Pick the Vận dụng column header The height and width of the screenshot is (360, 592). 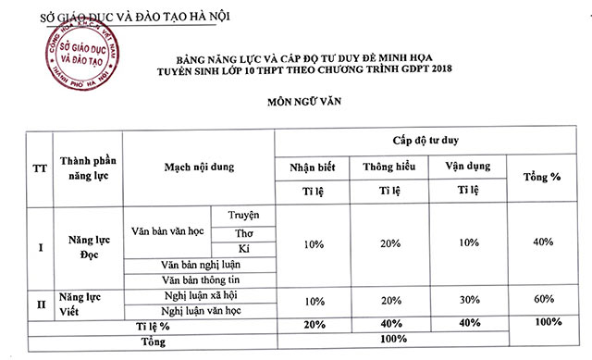pos(462,168)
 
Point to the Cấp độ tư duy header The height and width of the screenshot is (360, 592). pos(429,140)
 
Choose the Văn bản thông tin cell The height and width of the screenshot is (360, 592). pos(201,280)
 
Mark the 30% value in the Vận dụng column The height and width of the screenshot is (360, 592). pos(462,302)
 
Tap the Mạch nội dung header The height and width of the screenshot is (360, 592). pos(199,168)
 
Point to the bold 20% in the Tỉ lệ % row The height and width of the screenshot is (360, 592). pos(313,324)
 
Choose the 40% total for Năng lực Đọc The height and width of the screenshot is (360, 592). pos(543,242)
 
